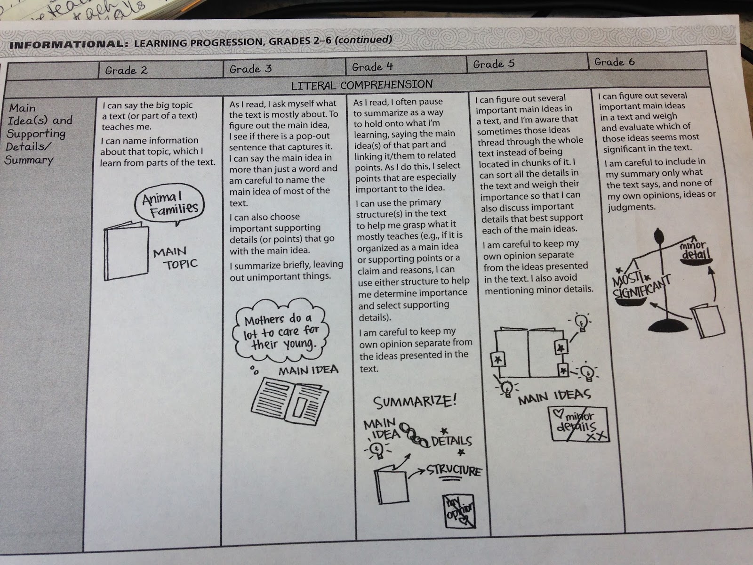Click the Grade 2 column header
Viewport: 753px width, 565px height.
pyautogui.click(x=126, y=71)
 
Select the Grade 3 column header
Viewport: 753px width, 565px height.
pyautogui.click(x=250, y=69)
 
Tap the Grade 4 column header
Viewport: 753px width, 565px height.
pyautogui.click(x=372, y=67)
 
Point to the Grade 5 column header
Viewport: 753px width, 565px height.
pyautogui.click(x=494, y=64)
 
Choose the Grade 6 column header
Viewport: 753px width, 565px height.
pyautogui.click(x=614, y=62)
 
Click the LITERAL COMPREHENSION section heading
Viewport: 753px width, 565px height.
pyautogui.click(x=361, y=85)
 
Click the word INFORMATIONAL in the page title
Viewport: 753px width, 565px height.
pyautogui.click(x=65, y=45)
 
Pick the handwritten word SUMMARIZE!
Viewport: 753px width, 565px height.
pyautogui.click(x=415, y=402)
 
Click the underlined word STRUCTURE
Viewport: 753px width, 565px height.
pyautogui.click(x=454, y=471)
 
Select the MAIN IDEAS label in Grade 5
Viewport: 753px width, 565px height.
pyautogui.click(x=554, y=397)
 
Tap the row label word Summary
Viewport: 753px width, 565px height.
pyautogui.click(x=29, y=160)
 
